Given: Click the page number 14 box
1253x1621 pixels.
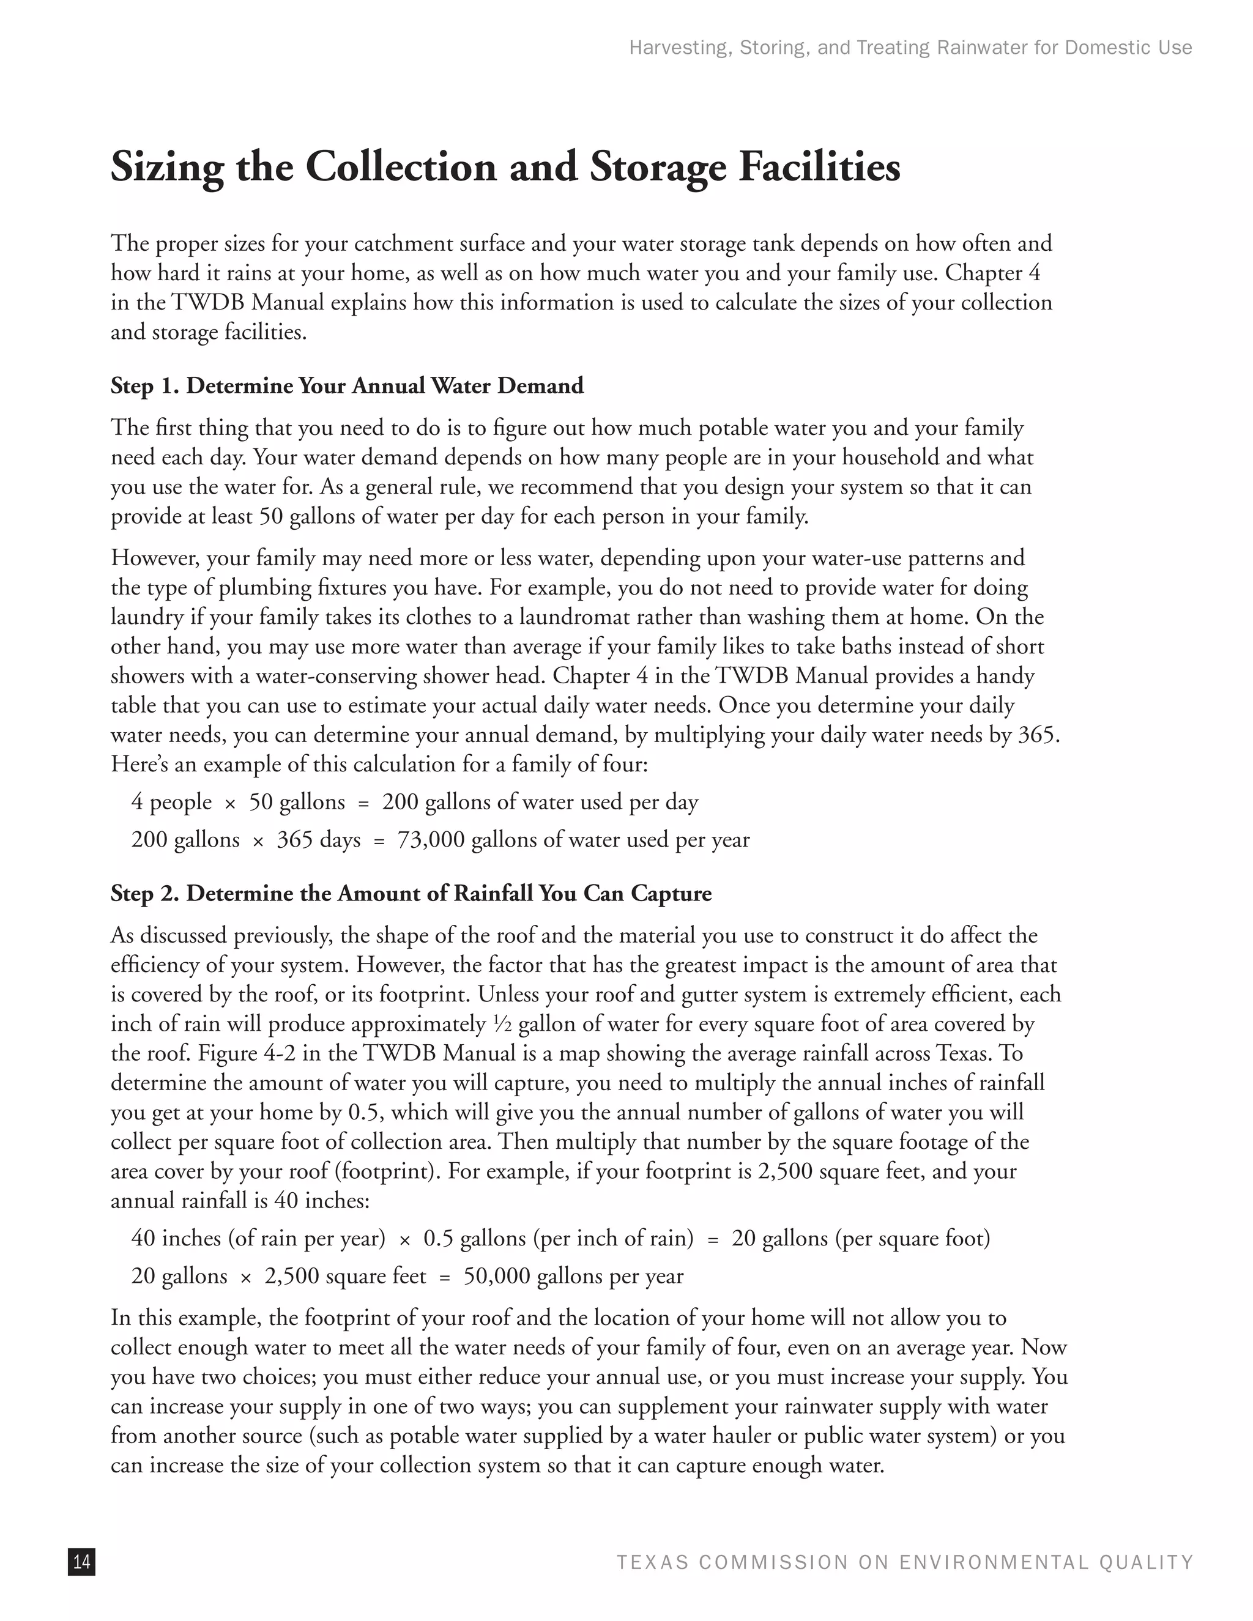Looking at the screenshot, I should (x=81, y=1562).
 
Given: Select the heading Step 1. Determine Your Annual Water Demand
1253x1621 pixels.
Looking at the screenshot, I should (x=347, y=386).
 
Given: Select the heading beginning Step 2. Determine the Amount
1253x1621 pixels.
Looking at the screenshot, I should (x=411, y=893).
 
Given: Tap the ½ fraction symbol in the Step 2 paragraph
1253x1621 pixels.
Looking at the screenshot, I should (x=502, y=1024).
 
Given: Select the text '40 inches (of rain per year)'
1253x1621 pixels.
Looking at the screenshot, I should (x=258, y=1238).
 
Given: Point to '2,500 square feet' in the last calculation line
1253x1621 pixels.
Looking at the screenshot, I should (x=345, y=1276).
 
